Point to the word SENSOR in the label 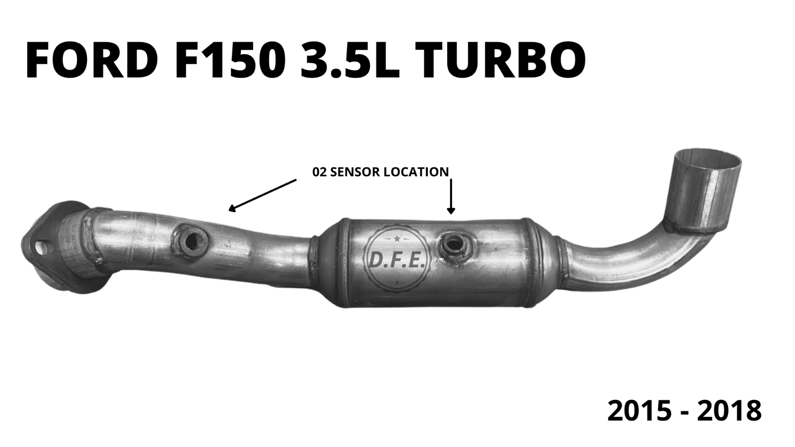point(357,172)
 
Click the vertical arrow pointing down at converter point(451,196)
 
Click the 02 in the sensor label point(319,172)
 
